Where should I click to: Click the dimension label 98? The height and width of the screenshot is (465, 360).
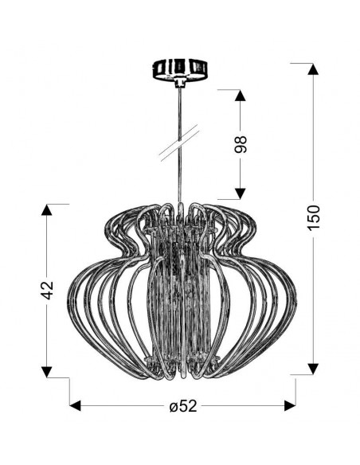[241, 144]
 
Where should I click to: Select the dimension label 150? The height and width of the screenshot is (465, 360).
[314, 217]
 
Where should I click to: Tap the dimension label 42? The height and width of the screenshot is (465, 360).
[47, 290]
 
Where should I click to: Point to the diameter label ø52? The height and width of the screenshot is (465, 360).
[183, 406]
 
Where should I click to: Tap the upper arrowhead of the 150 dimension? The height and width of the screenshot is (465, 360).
[313, 69]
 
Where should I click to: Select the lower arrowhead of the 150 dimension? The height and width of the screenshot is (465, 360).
[313, 369]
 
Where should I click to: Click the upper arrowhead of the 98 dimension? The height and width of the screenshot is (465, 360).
[241, 96]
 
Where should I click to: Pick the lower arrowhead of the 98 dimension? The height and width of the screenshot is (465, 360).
[241, 193]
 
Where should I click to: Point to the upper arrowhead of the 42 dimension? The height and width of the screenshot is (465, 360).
[47, 209]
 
